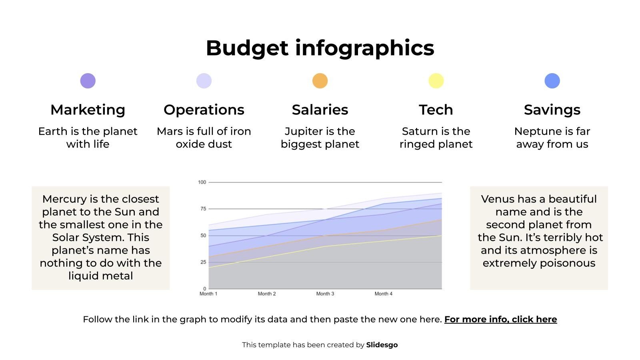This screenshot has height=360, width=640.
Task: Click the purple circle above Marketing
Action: [x=88, y=81]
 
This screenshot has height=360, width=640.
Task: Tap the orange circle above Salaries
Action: [x=320, y=81]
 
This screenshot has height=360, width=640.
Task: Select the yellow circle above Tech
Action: [x=436, y=81]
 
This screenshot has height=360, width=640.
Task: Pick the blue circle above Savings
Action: [x=552, y=81]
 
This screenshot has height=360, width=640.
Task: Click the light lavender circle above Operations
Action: [x=204, y=81]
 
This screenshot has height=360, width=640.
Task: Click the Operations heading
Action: [x=204, y=110]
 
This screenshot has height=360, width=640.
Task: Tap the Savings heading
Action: [x=552, y=110]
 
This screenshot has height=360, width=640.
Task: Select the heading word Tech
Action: [x=436, y=110]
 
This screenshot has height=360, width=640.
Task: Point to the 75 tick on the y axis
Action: [x=203, y=209]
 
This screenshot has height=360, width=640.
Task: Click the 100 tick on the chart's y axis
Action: [x=202, y=182]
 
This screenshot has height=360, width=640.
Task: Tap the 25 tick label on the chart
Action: [x=203, y=262]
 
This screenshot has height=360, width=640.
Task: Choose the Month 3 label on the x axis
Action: [x=325, y=294]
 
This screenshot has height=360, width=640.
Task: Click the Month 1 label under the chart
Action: [x=208, y=294]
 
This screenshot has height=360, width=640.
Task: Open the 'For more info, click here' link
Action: [x=500, y=319]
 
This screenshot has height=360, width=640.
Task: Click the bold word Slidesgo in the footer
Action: [x=382, y=345]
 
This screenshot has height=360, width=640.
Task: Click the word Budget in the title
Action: [x=247, y=48]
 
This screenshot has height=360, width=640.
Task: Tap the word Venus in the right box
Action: [x=498, y=199]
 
